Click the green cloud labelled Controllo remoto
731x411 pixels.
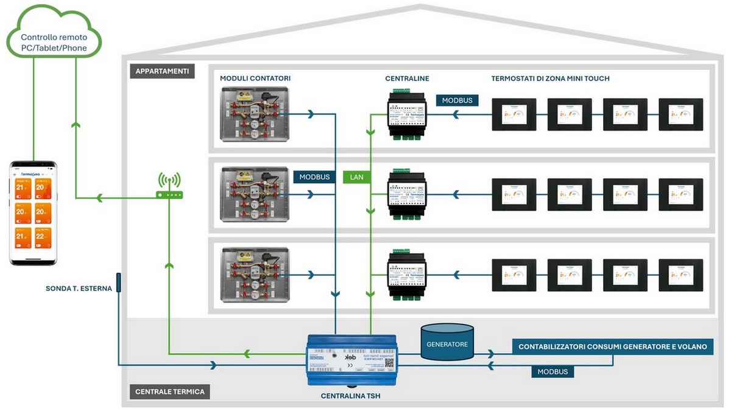pyautogui.click(x=54, y=42)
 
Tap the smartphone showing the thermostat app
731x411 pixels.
pyautogui.click(x=34, y=213)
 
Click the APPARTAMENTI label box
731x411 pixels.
pyautogui.click(x=162, y=71)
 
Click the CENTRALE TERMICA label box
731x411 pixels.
pyautogui.click(x=169, y=392)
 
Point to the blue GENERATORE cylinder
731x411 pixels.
pyautogui.click(x=447, y=344)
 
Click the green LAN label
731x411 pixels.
pyautogui.click(x=357, y=177)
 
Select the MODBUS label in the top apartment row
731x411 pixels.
pyautogui.click(x=457, y=100)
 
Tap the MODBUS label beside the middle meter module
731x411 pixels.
pyautogui.click(x=314, y=177)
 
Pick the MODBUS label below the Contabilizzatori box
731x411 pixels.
pyautogui.click(x=553, y=371)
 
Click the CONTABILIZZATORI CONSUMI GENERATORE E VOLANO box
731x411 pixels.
pyautogui.click(x=612, y=346)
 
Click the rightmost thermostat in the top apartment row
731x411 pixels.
pyautogui.click(x=680, y=114)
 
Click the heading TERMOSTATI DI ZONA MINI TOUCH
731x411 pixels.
pyautogui.click(x=550, y=79)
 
